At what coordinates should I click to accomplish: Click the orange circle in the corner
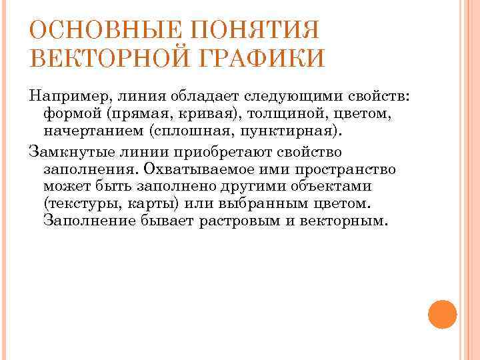pyautogui.click(x=441, y=314)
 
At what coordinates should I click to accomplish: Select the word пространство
pyautogui.click(x=341, y=169)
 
